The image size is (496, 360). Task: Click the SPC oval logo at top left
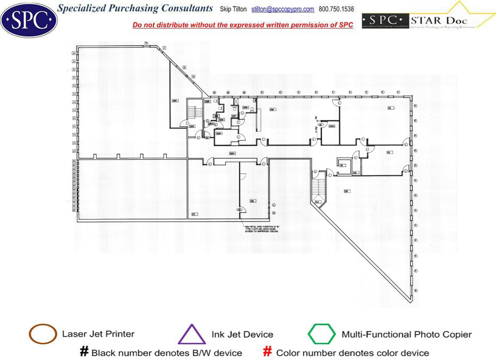(29, 20)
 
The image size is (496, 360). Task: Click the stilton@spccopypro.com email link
(283, 9)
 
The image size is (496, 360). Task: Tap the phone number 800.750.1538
(336, 9)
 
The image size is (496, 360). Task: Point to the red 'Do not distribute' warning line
(243, 25)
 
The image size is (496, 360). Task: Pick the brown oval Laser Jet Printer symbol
(43, 334)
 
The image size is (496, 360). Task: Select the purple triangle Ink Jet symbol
(192, 335)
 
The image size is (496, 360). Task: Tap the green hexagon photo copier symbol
(322, 334)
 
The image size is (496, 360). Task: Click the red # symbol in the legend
(267, 352)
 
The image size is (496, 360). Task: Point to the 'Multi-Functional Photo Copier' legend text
(406, 335)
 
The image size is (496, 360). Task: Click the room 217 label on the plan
(194, 214)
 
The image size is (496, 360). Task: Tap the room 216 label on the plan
(252, 201)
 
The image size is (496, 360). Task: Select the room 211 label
(390, 108)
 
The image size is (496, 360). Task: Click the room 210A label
(332, 126)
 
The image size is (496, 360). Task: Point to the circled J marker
(274, 204)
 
